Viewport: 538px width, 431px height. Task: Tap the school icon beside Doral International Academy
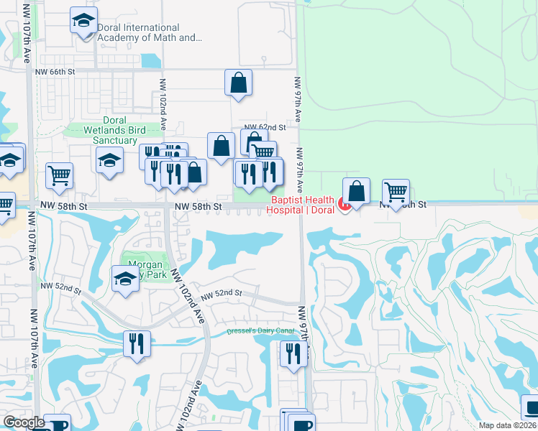click(84, 21)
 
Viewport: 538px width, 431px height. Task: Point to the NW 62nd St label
click(265, 126)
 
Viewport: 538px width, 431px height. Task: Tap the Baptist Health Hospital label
click(301, 205)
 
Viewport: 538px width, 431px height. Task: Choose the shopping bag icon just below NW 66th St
click(239, 83)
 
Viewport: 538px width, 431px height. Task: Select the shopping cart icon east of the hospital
click(396, 192)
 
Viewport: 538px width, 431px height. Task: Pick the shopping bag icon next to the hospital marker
click(357, 191)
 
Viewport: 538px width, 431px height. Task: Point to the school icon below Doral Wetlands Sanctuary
click(109, 159)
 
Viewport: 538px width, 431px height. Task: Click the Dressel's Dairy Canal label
click(260, 331)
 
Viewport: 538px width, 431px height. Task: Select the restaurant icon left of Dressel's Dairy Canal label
click(136, 343)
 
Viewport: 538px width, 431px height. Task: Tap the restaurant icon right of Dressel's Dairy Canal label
click(293, 354)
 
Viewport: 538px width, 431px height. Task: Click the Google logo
click(24, 422)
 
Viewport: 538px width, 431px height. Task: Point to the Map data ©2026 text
click(507, 425)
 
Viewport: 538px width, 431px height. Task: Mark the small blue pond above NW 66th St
click(152, 60)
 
